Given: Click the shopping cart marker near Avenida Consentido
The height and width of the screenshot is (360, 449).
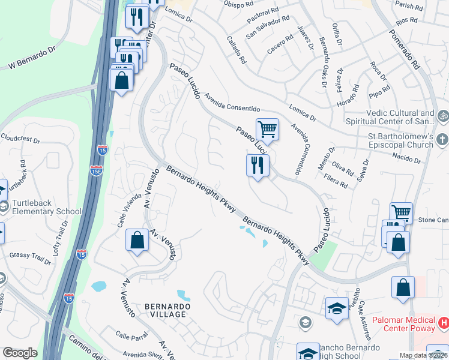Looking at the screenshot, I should click(x=267, y=128).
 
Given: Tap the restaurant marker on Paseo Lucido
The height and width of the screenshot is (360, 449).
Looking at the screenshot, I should click(x=258, y=165).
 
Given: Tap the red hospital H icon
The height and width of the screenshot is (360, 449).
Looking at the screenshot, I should click(x=443, y=323).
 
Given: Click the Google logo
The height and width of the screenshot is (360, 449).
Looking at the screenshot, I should click(x=19, y=353).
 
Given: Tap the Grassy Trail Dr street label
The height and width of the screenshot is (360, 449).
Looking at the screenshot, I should click(x=30, y=258).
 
